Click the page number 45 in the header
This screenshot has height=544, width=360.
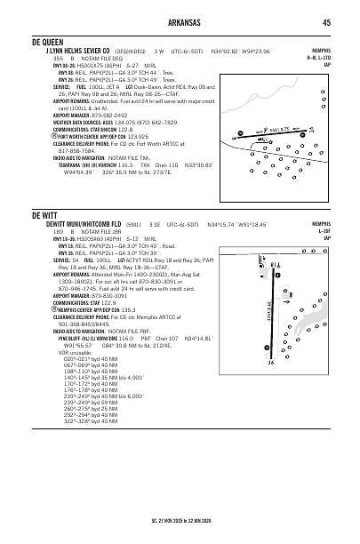coord(326,23)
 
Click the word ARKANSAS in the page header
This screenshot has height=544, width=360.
coord(179,23)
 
